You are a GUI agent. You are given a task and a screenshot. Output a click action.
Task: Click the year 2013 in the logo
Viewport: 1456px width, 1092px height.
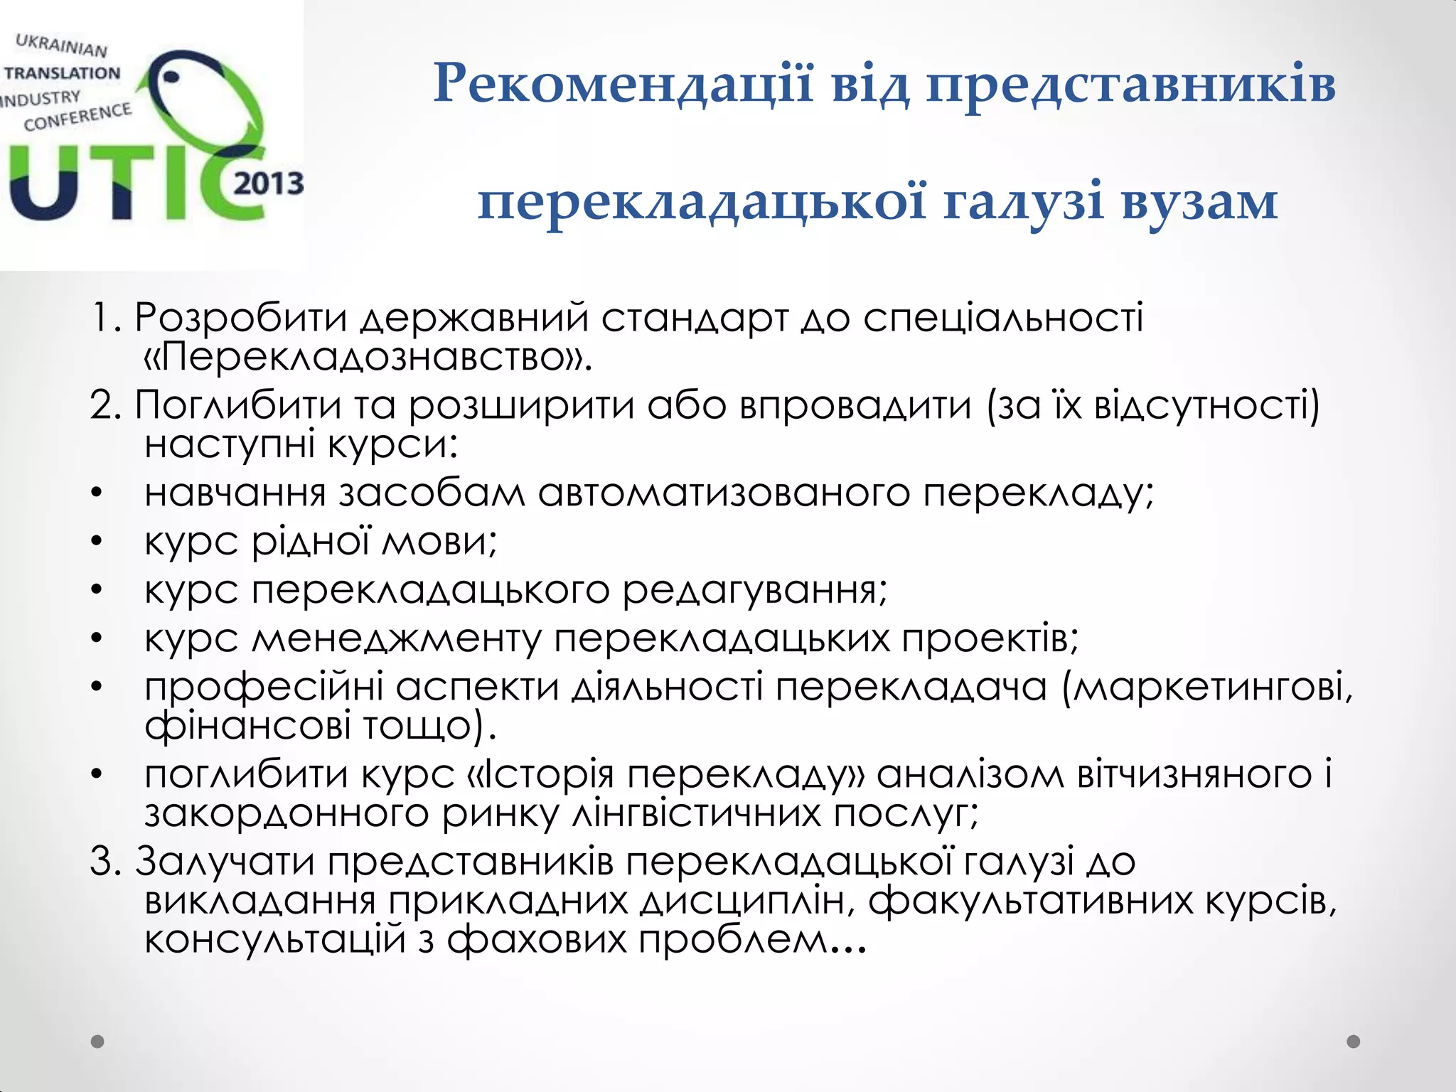point(268,184)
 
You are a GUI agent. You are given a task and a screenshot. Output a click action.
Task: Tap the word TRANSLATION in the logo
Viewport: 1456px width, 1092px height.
point(63,73)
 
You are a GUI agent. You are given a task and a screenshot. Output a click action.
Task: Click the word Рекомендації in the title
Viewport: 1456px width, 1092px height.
point(623,84)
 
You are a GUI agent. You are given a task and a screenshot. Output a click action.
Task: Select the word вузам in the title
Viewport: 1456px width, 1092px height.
point(1199,202)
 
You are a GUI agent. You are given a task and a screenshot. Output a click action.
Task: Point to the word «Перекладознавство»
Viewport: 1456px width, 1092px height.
point(368,357)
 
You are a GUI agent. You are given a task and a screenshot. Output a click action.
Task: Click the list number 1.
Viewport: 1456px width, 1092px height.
point(106,318)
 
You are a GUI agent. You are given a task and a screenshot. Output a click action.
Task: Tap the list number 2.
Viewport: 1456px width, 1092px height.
point(107,406)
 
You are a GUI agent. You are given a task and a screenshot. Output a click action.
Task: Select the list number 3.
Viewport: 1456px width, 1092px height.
point(107,862)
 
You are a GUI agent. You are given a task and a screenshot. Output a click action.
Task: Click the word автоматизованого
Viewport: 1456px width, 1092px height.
point(723,493)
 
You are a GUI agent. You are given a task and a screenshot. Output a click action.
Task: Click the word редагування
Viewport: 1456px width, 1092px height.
point(755,590)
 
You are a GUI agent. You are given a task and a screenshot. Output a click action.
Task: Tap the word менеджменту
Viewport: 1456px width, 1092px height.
point(397,638)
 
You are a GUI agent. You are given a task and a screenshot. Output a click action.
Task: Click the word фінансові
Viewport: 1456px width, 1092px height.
point(247,726)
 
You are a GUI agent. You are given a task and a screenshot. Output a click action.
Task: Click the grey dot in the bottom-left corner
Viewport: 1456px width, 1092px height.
point(98,1042)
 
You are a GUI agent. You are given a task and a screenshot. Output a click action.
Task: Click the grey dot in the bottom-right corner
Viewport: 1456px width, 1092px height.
point(1354,1042)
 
